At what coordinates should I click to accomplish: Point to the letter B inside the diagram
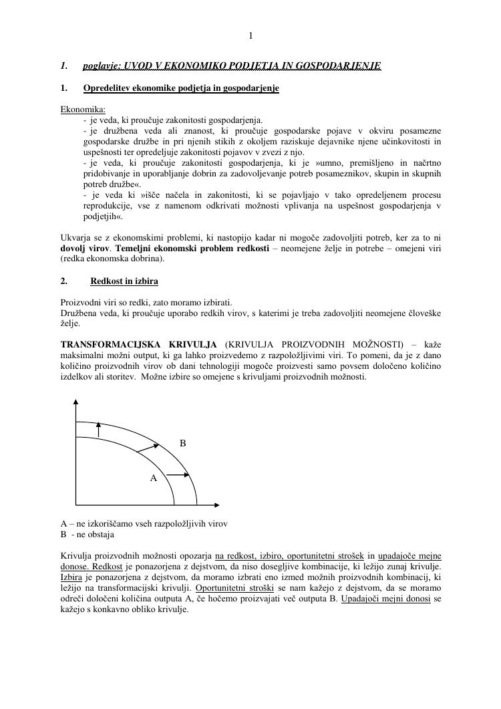pos(183,443)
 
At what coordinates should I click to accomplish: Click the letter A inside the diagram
pos(153,478)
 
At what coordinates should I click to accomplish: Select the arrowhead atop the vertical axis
pos(75,402)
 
